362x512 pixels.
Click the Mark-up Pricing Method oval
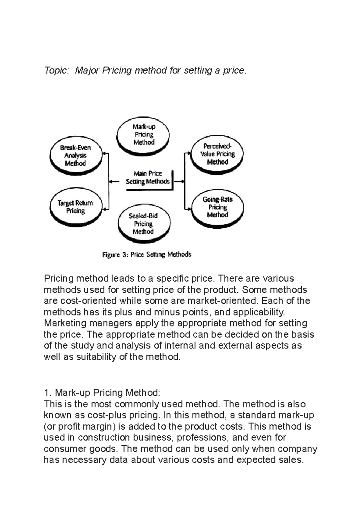click(144, 134)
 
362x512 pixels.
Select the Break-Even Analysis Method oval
click(75, 156)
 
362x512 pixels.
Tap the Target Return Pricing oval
click(75, 207)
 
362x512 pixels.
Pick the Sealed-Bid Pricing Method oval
click(144, 224)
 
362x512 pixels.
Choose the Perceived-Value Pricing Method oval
click(217, 154)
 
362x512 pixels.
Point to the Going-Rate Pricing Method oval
click(217, 207)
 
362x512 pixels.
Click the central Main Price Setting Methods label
click(148, 178)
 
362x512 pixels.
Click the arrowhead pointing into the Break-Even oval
click(104, 153)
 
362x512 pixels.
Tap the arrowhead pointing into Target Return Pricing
click(104, 209)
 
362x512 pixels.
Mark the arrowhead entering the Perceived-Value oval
click(189, 153)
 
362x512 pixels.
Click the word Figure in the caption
click(111, 255)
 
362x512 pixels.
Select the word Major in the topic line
click(87, 71)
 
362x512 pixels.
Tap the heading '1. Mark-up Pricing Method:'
click(102, 393)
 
